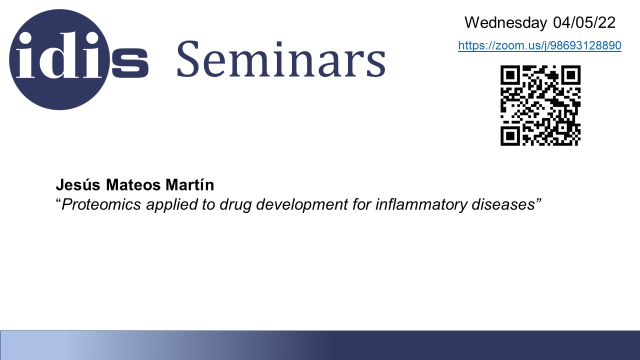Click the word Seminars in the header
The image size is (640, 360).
pyautogui.click(x=281, y=59)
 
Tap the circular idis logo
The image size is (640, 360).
pyautogui.click(x=59, y=59)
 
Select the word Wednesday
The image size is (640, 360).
pyautogui.click(x=505, y=22)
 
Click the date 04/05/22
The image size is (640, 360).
pyautogui.click(x=584, y=22)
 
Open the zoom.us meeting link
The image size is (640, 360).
pyautogui.click(x=539, y=45)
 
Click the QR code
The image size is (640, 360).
pyautogui.click(x=540, y=105)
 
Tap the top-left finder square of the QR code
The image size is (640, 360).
pyautogui.click(x=510, y=75)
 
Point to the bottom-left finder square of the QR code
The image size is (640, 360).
pyautogui.click(x=510, y=135)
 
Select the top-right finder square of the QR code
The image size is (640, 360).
pyautogui.click(x=570, y=75)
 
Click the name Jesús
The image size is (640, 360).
pyautogui.click(x=78, y=184)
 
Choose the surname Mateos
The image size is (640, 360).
pyautogui.click(x=133, y=184)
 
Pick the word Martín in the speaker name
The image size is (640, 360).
pyautogui.click(x=189, y=184)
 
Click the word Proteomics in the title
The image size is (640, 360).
pyautogui.click(x=101, y=204)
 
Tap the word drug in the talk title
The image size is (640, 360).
pyautogui.click(x=235, y=205)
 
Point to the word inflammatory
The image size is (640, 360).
pyautogui.click(x=420, y=205)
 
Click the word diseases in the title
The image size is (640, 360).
pyautogui.click(x=503, y=204)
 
